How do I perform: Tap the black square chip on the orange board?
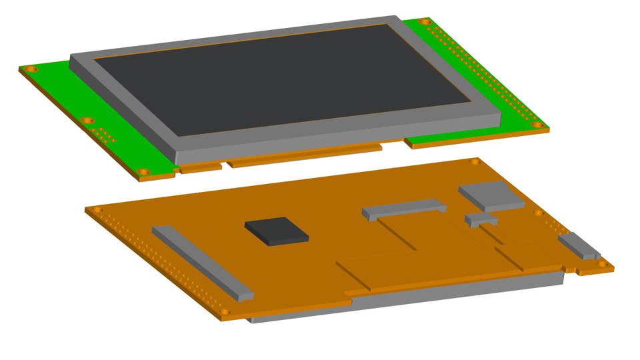click(277, 231)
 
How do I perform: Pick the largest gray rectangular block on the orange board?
click(491, 195)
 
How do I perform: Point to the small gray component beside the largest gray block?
click(481, 220)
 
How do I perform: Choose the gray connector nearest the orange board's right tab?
click(579, 246)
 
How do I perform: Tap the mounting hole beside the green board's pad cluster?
click(86, 121)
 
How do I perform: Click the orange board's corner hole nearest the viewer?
click(225, 311)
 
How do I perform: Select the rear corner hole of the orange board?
click(475, 161)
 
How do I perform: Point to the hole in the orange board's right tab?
click(602, 265)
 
